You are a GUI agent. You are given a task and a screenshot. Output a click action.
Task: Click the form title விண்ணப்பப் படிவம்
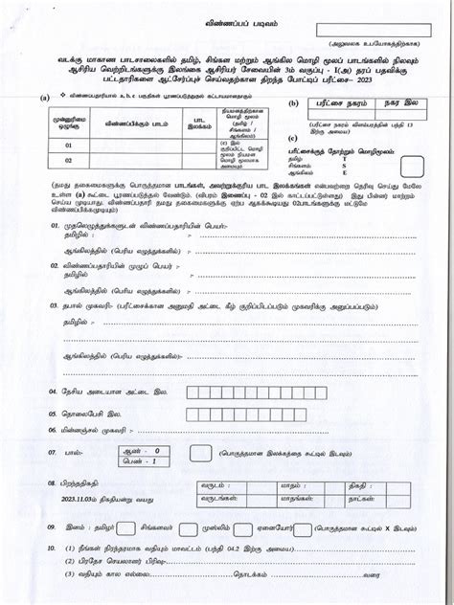click(226, 19)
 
